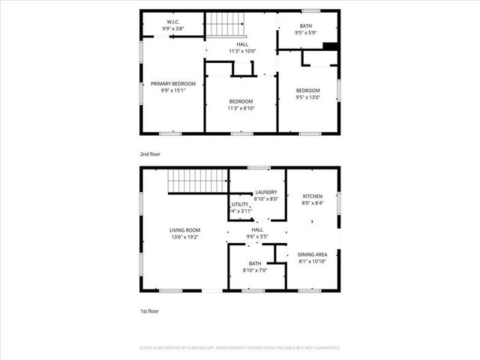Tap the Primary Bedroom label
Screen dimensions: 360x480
pyautogui.click(x=173, y=83)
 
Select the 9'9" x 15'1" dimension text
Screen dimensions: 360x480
pyautogui.click(x=173, y=91)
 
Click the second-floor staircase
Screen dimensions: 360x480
pyautogui.click(x=226, y=25)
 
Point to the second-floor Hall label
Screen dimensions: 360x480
pyautogui.click(x=242, y=44)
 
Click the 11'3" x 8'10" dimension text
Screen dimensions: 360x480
pyautogui.click(x=241, y=109)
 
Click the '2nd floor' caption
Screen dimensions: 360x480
pyautogui.click(x=150, y=154)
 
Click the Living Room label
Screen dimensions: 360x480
pyautogui.click(x=183, y=229)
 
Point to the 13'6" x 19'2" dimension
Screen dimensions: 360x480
pyautogui.click(x=183, y=237)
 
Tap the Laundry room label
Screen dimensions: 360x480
pyautogui.click(x=266, y=192)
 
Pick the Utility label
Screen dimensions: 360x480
pyautogui.click(x=240, y=204)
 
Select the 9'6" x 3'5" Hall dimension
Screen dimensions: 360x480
pyautogui.click(x=257, y=237)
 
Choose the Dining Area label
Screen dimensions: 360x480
pyautogui.click(x=313, y=254)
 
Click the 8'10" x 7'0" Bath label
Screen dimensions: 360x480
pyautogui.click(x=255, y=263)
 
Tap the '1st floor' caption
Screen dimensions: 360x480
pyautogui.click(x=149, y=310)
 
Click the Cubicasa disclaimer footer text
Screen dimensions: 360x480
pyautogui.click(x=240, y=348)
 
